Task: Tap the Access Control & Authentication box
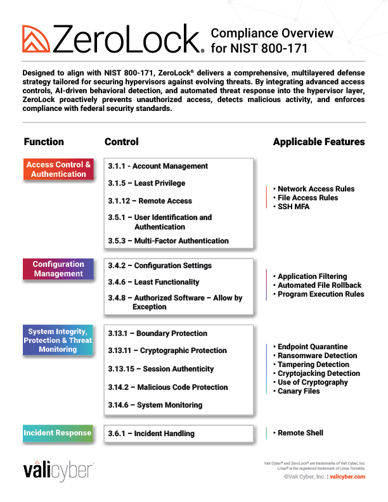pos(58,169)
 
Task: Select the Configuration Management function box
pos(58,269)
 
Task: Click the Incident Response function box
pos(58,433)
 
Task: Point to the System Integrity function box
pos(58,340)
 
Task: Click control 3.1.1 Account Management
pos(158,166)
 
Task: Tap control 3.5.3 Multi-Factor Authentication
pos(168,241)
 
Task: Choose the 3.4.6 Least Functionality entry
pos(153,282)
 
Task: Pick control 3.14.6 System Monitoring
pos(155,405)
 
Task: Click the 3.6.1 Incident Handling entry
pos(151,434)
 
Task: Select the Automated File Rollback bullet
pos(320,285)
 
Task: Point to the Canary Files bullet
pos(299,391)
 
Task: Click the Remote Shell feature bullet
pos(301,433)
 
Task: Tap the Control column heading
pos(121,142)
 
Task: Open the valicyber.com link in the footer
pos(347,477)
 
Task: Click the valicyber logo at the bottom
pos(58,471)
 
